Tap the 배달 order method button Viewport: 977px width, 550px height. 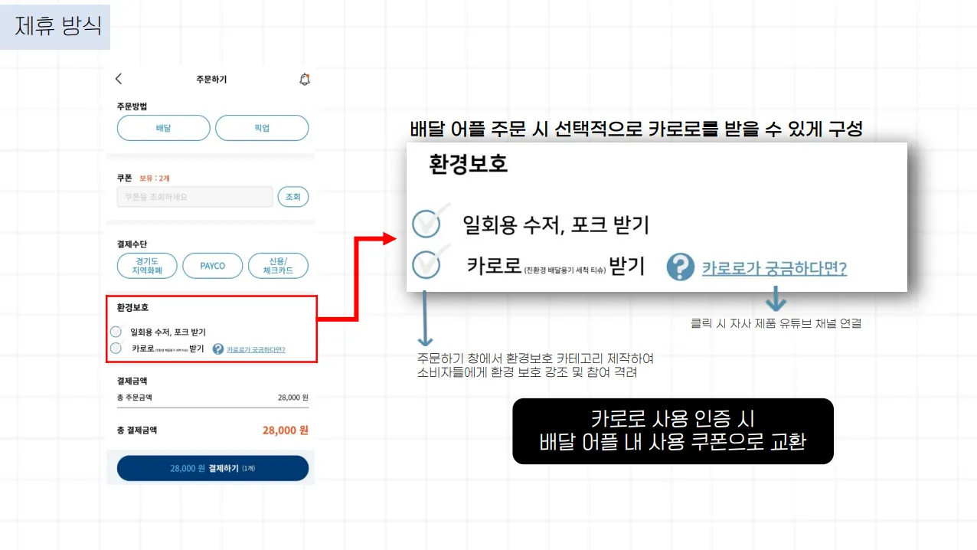click(163, 128)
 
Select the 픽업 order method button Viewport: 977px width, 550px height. click(262, 128)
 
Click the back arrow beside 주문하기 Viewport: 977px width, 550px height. click(119, 79)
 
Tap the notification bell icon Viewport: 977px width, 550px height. click(304, 79)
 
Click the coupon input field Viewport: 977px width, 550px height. click(194, 197)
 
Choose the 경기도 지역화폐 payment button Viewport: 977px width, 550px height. click(147, 266)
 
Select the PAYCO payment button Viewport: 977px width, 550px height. click(212, 266)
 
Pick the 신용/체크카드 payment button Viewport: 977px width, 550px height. click(278, 266)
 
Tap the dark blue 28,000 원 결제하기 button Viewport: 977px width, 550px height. click(212, 468)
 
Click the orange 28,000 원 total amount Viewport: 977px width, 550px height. click(285, 431)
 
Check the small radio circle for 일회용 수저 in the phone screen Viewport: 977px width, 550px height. click(116, 332)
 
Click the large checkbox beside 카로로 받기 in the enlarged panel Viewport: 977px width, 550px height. click(426, 265)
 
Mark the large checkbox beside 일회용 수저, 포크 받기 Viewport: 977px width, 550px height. click(426, 224)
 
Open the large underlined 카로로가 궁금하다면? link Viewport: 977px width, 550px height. click(774, 269)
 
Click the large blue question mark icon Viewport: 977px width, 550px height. click(680, 267)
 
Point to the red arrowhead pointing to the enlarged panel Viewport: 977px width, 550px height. click(389, 239)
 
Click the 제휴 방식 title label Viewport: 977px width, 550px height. click(57, 26)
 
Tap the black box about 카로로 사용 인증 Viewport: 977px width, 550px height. click(672, 431)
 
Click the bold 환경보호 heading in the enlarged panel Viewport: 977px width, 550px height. click(469, 164)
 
